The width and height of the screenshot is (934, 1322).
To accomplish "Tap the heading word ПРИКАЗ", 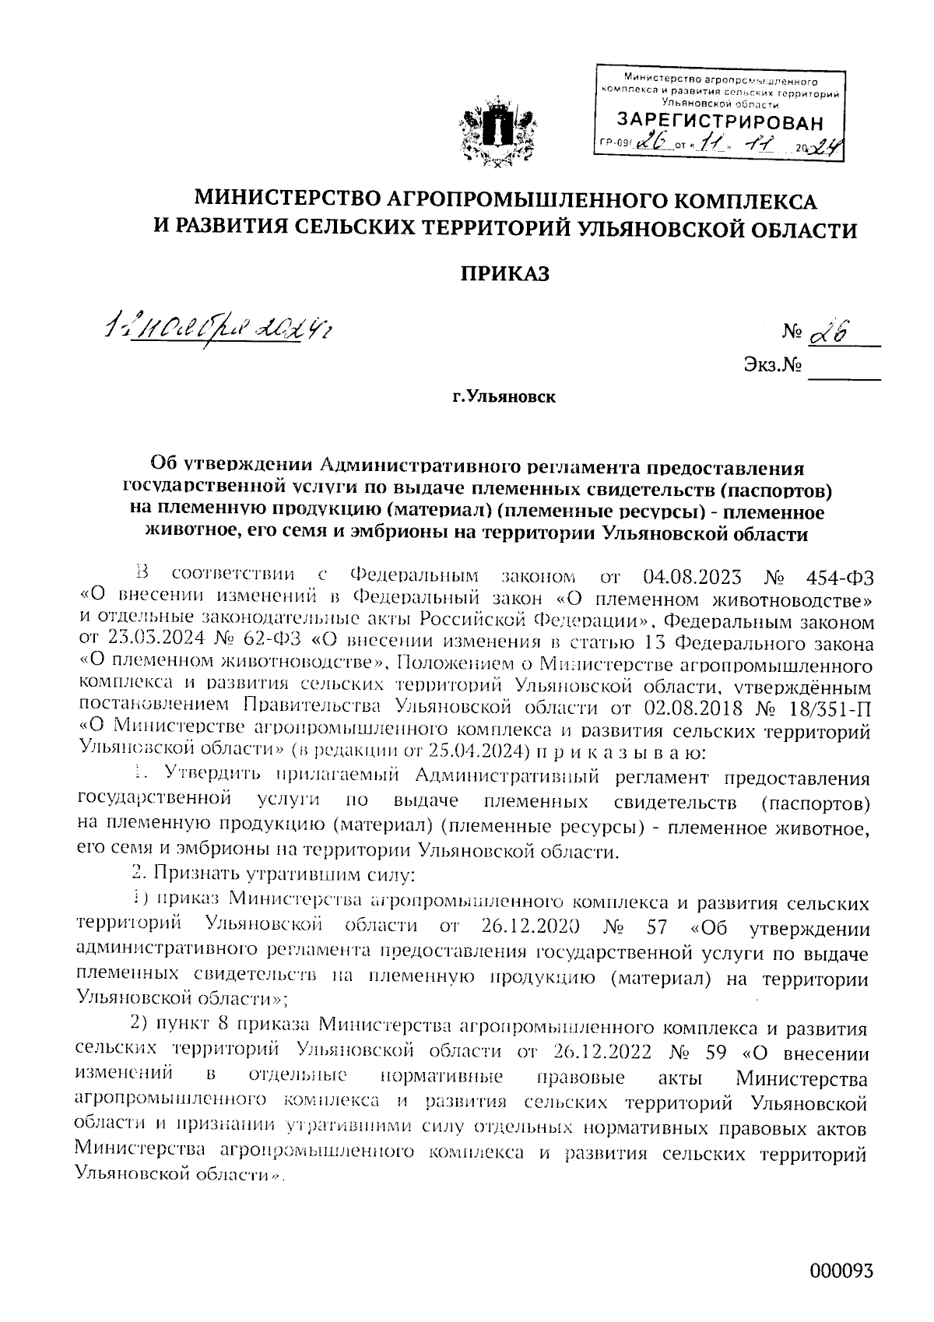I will tap(506, 274).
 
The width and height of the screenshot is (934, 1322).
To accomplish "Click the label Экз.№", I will tap(773, 364).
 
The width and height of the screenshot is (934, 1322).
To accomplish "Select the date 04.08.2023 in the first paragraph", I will tap(693, 577).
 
